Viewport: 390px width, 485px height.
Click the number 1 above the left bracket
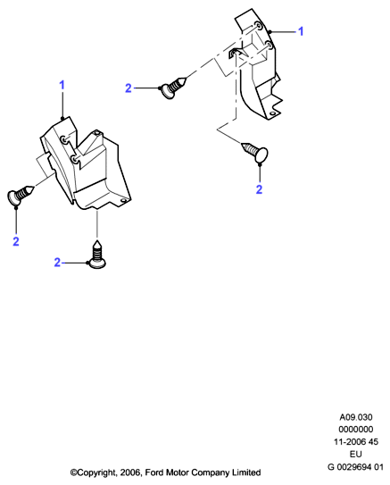tap(62, 85)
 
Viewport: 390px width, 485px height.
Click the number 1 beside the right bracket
tap(301, 31)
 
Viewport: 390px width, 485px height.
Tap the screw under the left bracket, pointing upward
tap(97, 255)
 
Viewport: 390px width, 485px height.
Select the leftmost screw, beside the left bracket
tap(20, 195)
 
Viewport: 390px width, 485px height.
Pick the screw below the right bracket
tap(255, 152)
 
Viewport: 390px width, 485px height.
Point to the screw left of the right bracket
tap(174, 87)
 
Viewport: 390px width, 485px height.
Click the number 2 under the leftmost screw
tap(16, 241)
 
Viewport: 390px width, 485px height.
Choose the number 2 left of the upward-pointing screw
tap(57, 263)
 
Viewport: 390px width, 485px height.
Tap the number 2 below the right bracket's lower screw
tap(260, 189)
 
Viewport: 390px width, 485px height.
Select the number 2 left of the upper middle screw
tap(129, 88)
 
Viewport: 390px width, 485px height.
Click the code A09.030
tap(356, 417)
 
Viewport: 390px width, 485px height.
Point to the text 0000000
tap(356, 430)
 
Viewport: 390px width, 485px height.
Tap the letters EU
tap(356, 454)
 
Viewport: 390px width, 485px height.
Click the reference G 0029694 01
tap(356, 467)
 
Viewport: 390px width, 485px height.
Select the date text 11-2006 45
tap(356, 442)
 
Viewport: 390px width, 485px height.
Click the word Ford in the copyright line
tap(154, 472)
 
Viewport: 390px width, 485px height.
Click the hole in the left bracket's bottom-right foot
tap(124, 201)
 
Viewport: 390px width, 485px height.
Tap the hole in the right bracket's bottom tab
tap(272, 113)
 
